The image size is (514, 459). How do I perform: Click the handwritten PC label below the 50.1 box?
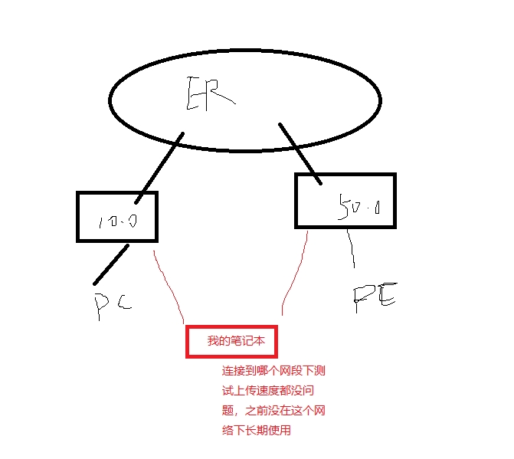pos(374,299)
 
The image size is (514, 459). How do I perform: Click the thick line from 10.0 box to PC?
pos(110,264)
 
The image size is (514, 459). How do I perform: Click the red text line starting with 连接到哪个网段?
pos(273,371)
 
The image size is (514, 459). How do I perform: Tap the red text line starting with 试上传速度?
pos(273,391)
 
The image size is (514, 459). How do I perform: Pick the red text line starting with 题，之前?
pos(273,411)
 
